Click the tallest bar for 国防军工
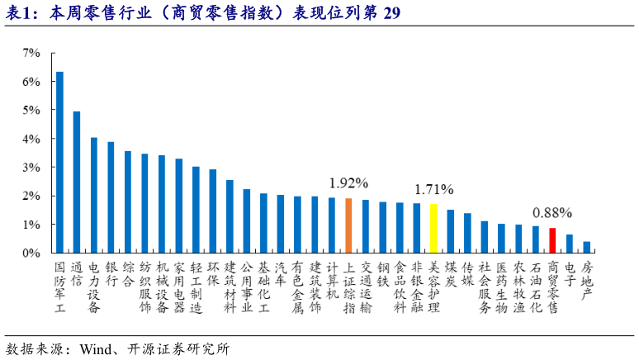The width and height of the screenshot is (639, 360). click(59, 162)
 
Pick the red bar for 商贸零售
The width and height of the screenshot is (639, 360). click(552, 240)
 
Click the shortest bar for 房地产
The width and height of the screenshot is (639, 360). click(587, 247)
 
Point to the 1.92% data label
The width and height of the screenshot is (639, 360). click(348, 182)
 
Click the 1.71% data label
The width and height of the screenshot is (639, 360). click(433, 189)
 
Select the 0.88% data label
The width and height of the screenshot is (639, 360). click(552, 212)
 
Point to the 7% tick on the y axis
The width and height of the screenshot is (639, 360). click(31, 53)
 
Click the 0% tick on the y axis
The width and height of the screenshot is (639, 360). click(31, 253)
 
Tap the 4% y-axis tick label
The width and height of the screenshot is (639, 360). click(31, 139)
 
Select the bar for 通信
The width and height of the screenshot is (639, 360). click(77, 182)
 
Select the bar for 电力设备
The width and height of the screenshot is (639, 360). click(94, 195)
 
